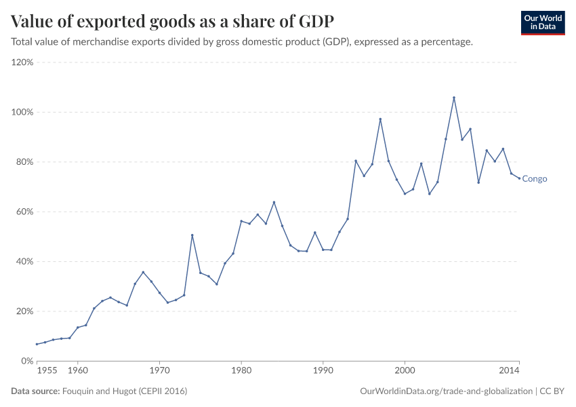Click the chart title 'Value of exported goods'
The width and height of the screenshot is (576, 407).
[172, 21]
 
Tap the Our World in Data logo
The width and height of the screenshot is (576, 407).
[542, 22]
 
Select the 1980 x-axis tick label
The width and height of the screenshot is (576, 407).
[241, 371]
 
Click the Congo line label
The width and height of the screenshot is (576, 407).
[535, 179]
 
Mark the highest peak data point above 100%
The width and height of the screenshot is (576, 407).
[454, 98]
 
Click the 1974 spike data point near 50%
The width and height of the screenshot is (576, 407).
[192, 235]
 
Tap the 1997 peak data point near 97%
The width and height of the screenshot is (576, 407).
[380, 119]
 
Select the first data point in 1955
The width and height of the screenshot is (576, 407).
[37, 344]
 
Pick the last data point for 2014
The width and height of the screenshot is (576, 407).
[519, 178]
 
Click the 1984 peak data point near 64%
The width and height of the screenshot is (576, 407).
[274, 202]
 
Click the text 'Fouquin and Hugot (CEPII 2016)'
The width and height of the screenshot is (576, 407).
[125, 391]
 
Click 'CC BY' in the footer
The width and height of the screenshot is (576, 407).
[552, 391]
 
